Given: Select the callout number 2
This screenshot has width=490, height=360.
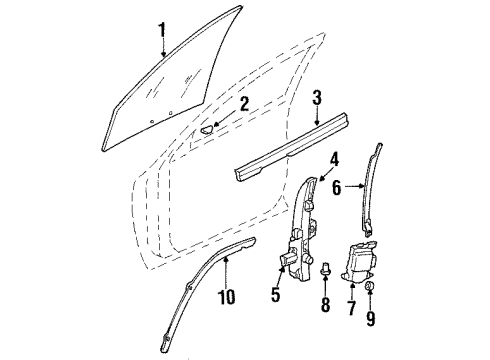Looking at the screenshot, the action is pos(244,104).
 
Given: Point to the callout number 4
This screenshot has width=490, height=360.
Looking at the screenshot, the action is pos(335,158).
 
